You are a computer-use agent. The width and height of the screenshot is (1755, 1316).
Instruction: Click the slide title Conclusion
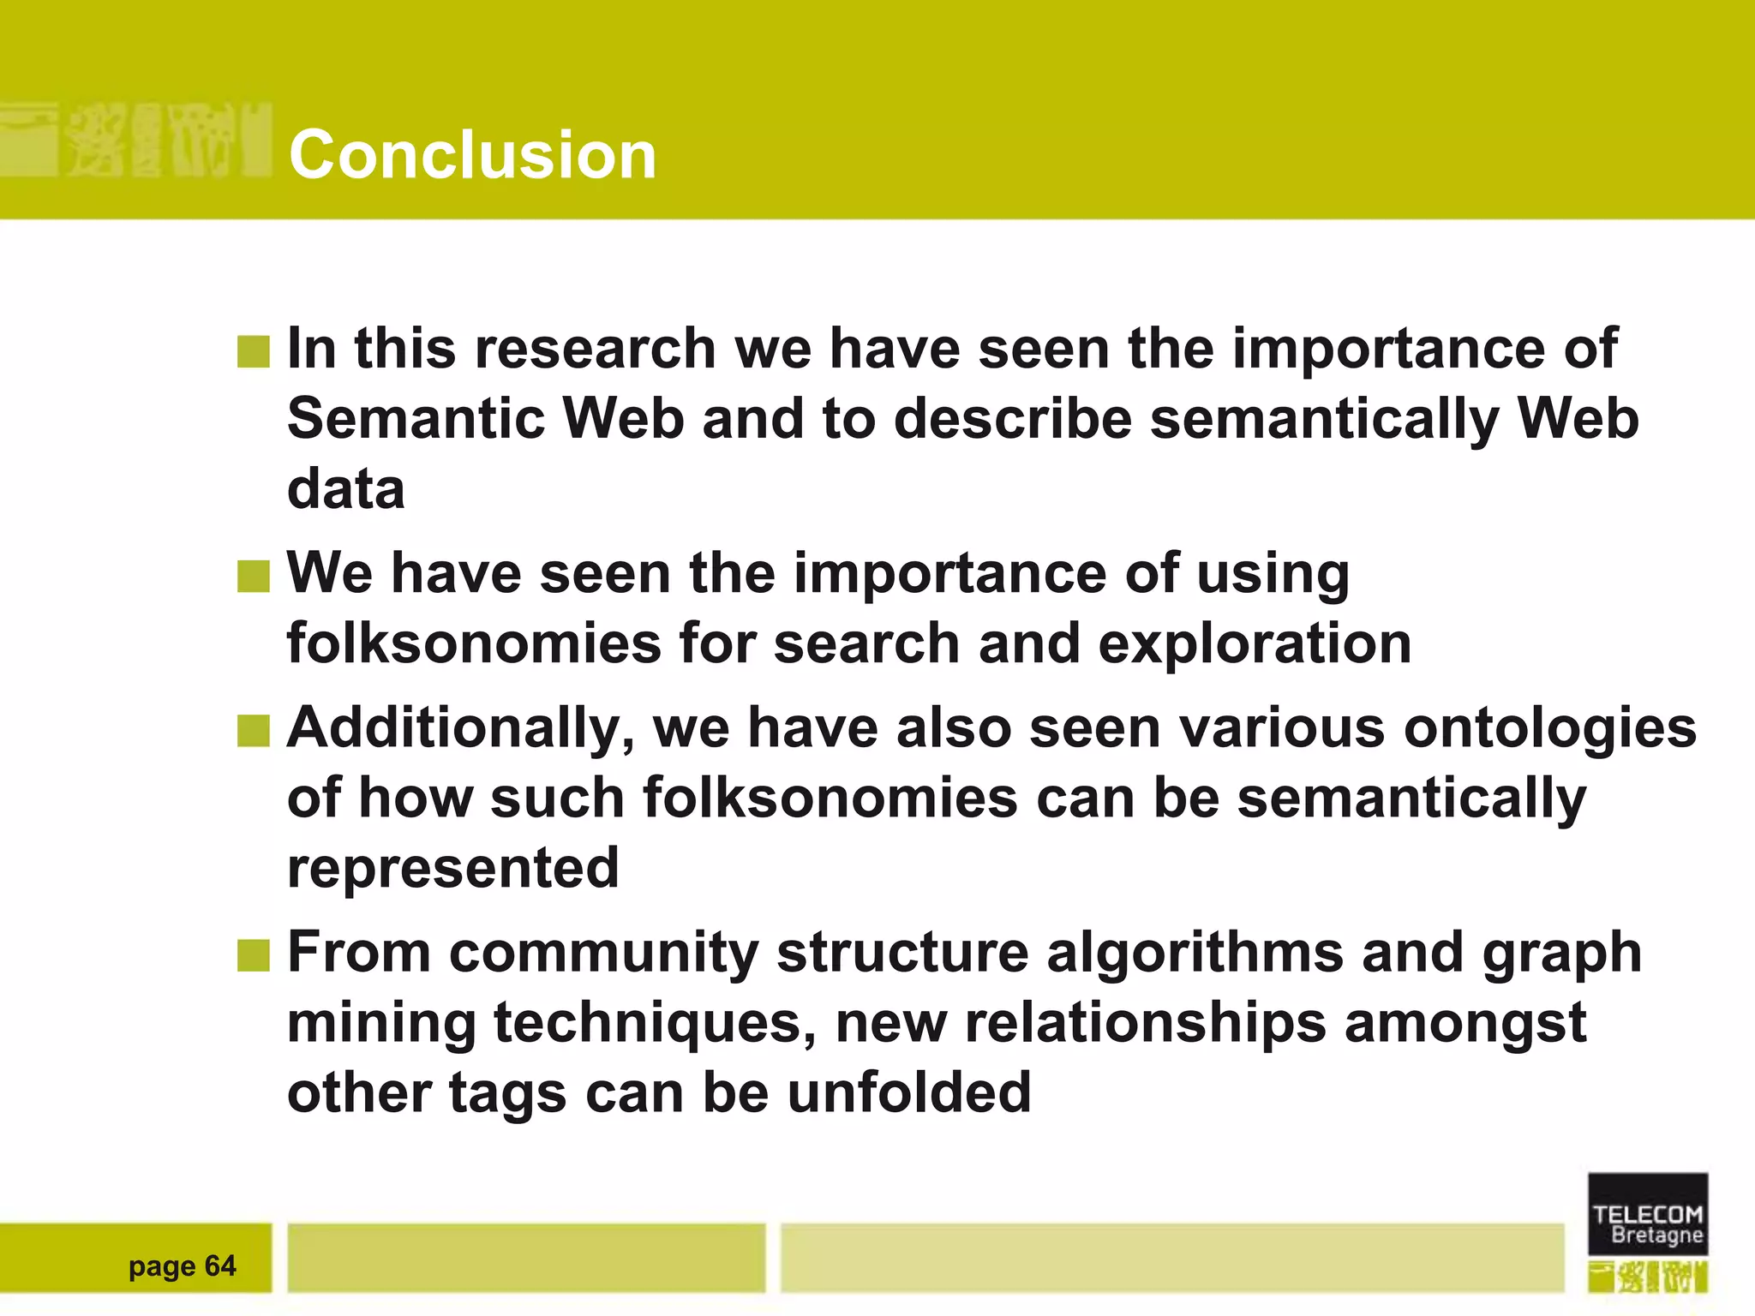(472, 155)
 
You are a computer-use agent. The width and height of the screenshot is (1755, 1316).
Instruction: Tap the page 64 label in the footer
(182, 1265)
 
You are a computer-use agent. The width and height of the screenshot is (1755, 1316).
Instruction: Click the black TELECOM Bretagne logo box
(1647, 1214)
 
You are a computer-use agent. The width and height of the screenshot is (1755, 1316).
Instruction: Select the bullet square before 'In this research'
(253, 351)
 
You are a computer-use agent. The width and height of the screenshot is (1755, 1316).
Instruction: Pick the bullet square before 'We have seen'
(253, 576)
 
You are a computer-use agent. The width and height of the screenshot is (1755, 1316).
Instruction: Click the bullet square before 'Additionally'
(253, 731)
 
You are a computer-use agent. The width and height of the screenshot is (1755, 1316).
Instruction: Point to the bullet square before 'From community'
(253, 955)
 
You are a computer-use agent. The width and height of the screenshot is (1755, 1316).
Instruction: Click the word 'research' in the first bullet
(595, 349)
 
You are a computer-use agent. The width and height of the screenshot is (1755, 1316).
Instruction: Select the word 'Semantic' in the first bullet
(416, 419)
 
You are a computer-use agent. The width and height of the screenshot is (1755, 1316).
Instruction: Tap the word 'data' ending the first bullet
(345, 489)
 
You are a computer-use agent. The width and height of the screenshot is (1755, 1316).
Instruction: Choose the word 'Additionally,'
(460, 729)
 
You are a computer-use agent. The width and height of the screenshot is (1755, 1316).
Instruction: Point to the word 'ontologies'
(1549, 728)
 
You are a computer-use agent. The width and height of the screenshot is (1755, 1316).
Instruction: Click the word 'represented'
(452, 869)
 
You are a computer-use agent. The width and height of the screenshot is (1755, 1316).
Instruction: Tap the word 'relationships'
(1145, 1023)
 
